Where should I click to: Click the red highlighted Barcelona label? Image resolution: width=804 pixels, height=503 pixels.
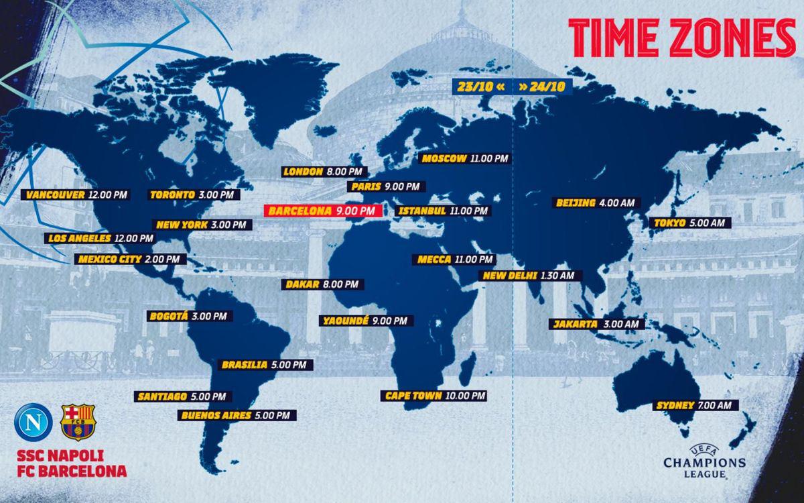tap(322, 211)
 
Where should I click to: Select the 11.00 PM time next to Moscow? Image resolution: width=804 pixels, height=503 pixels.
tap(489, 159)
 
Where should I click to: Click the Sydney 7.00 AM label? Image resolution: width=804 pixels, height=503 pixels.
tap(696, 405)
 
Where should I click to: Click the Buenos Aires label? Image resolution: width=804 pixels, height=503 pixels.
tap(236, 415)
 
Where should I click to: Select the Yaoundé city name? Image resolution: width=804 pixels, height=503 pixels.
tap(345, 321)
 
